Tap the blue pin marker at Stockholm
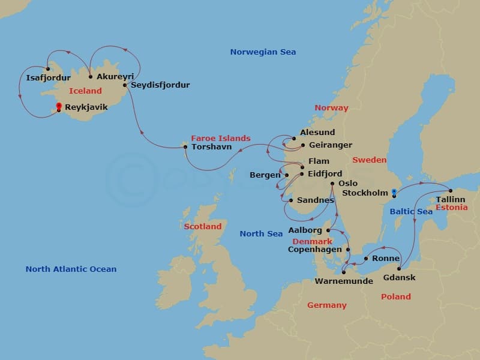[x=394, y=193]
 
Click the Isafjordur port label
[x=49, y=77]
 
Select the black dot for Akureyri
[x=90, y=76]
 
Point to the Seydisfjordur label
[x=160, y=85]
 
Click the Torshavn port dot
[x=185, y=147]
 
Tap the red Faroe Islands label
[x=221, y=138]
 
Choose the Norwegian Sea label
[x=263, y=52]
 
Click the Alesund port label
[x=319, y=133]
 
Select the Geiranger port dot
[x=302, y=145]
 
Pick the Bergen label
[x=265, y=175]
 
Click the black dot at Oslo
[x=332, y=184]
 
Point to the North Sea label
[x=261, y=233]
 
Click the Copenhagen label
[x=315, y=250]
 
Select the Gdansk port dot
[x=399, y=268]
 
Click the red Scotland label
[x=203, y=227]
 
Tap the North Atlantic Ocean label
[x=71, y=269]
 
